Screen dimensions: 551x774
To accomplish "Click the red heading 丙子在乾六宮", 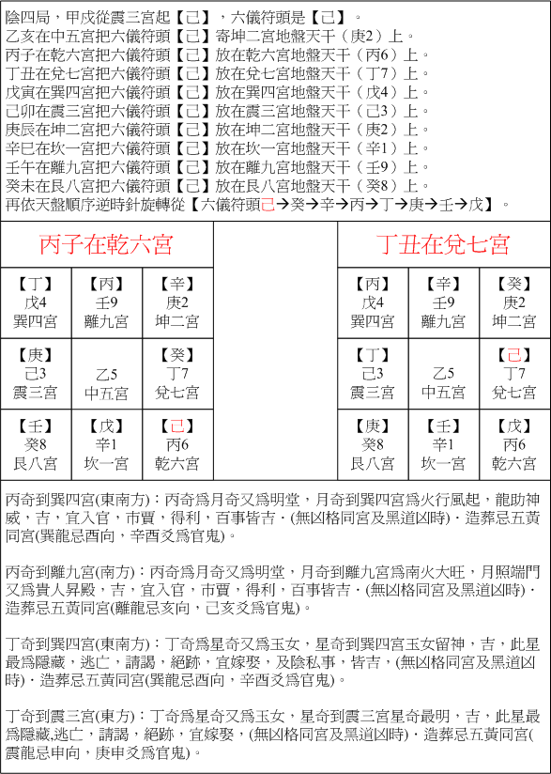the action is pos(106,245).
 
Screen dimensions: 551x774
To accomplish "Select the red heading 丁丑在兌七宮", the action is pos(443,245).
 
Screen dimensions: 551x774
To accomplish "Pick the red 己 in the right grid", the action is pos(513,355).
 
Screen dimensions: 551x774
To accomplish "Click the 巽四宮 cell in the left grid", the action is pos(37,302).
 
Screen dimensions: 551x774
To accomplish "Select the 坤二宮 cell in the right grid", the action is pos(513,302).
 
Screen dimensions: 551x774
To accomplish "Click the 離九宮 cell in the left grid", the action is pos(107,302).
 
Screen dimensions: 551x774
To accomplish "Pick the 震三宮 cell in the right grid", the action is pos(373,373).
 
